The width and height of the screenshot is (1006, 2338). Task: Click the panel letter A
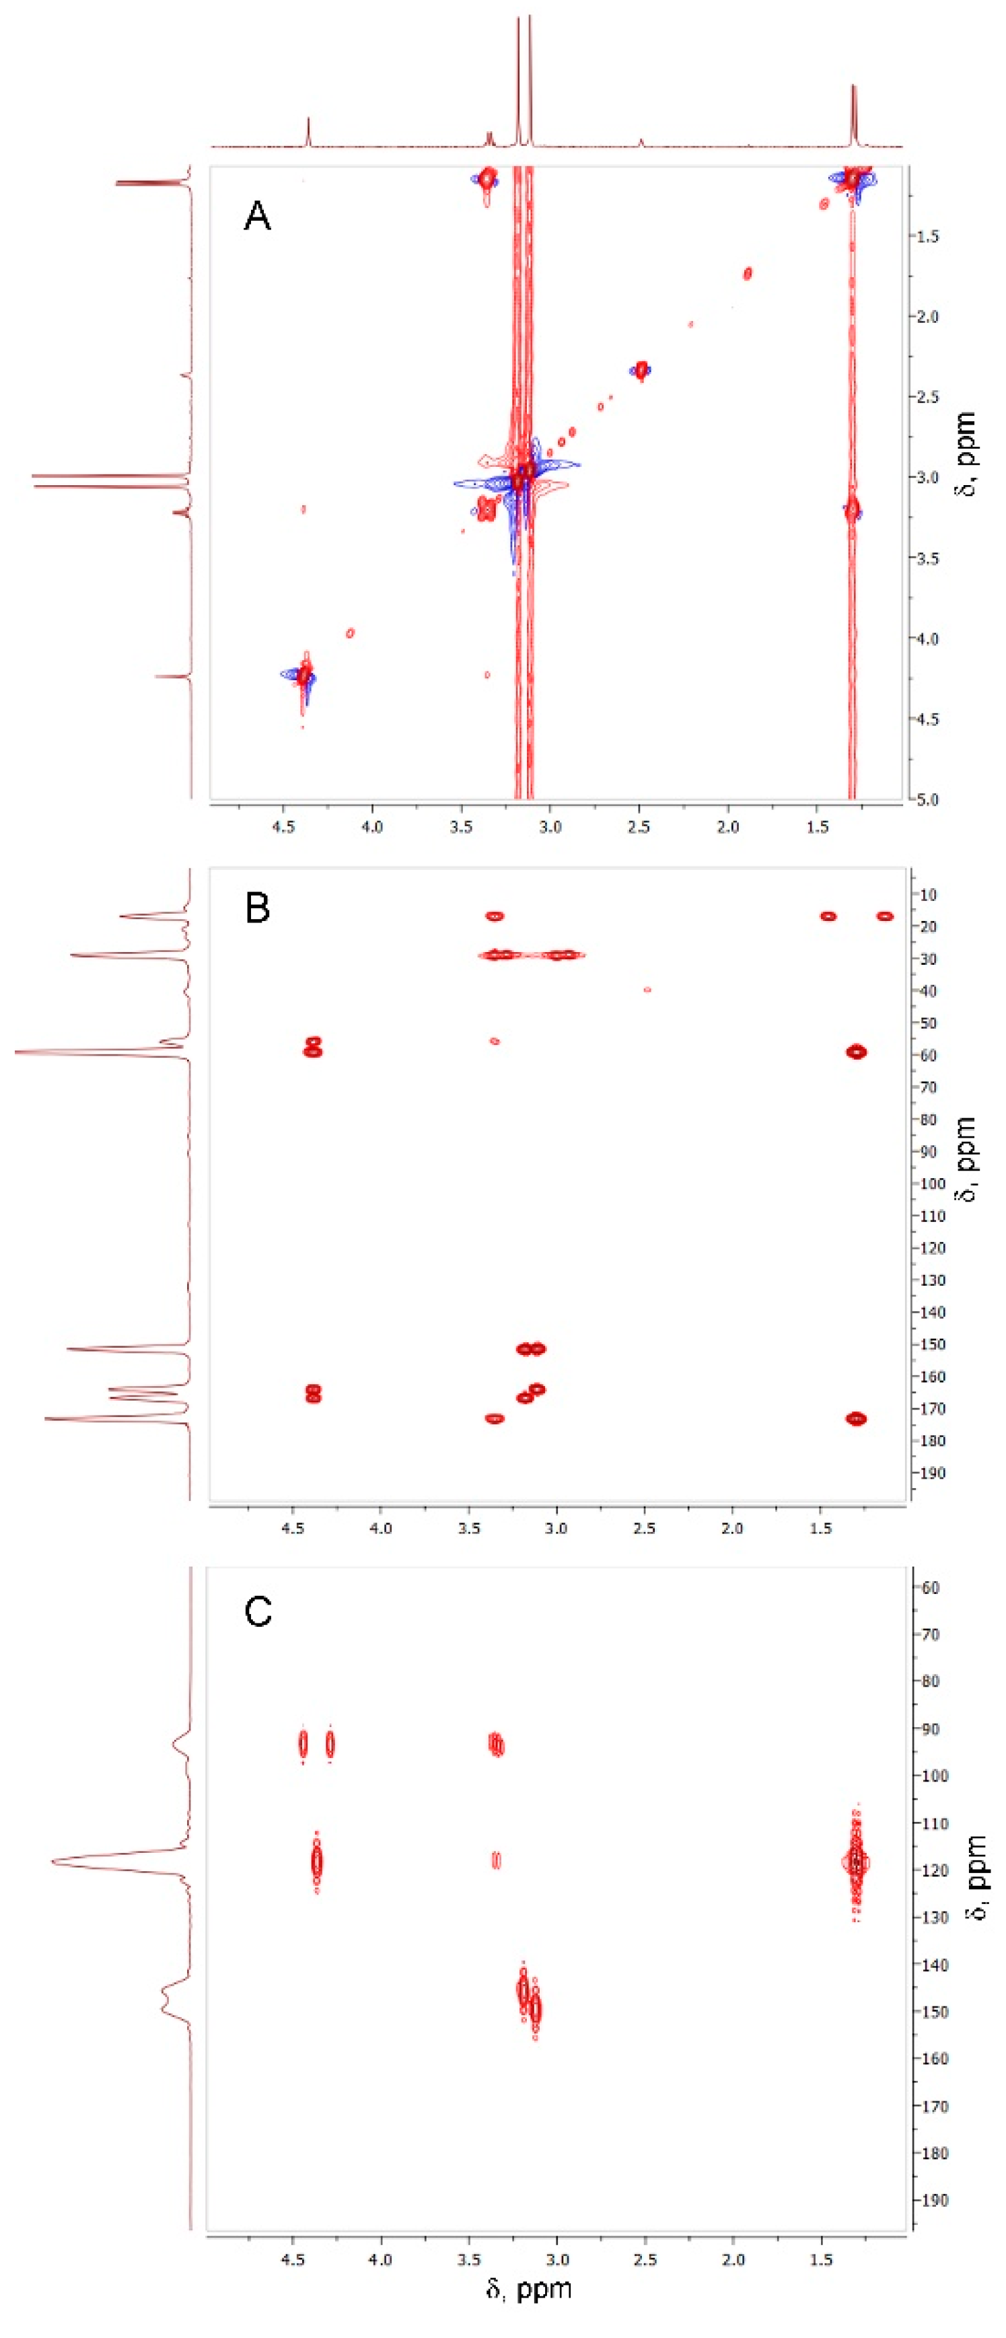[257, 217]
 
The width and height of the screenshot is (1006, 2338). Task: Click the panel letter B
[257, 908]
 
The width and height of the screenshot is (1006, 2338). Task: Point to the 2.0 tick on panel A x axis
[727, 827]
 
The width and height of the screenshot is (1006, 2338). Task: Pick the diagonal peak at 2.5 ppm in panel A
[642, 369]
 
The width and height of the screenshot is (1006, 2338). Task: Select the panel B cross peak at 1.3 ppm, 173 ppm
[856, 1418]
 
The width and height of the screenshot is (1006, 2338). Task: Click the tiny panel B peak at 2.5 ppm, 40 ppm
[647, 989]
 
